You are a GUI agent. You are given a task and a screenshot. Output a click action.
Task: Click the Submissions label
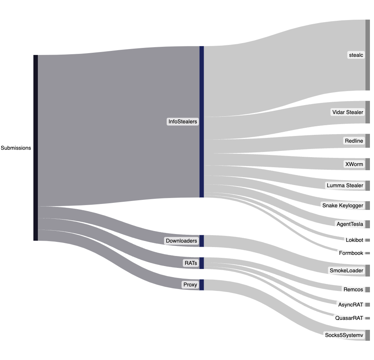(16, 148)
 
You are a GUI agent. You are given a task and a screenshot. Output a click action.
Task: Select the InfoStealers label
(183, 121)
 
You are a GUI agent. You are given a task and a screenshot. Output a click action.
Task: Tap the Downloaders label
(181, 241)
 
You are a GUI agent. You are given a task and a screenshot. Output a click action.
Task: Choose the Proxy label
(190, 285)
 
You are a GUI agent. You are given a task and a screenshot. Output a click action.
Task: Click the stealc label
(356, 55)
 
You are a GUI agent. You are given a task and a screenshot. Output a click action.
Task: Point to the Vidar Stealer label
(347, 112)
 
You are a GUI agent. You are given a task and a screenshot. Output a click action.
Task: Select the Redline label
(354, 141)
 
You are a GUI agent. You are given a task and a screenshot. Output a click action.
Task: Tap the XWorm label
(354, 164)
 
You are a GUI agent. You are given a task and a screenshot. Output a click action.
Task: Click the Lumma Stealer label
(345, 185)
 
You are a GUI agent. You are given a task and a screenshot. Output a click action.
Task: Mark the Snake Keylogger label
(342, 205)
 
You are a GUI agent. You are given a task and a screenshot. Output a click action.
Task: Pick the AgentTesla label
(350, 224)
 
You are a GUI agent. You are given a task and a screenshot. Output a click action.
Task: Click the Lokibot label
(354, 240)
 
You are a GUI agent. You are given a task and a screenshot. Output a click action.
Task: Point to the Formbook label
(351, 253)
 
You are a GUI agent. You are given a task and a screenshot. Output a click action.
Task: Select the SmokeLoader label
(347, 270)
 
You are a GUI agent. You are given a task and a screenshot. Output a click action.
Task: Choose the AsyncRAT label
(351, 305)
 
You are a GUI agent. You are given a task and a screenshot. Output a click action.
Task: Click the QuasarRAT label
(349, 318)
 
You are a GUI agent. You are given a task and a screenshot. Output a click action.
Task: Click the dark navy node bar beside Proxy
(202, 285)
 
